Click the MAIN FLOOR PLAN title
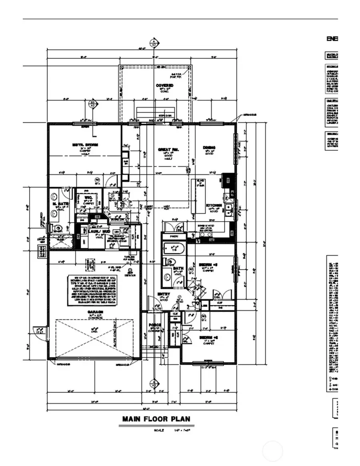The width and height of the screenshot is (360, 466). click(x=156, y=419)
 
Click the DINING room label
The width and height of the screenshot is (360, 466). click(x=209, y=148)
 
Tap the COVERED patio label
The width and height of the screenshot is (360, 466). click(x=164, y=86)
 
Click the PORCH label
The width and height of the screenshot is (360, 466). click(x=155, y=325)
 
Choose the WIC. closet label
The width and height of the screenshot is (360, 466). click(x=88, y=197)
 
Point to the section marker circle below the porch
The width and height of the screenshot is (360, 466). click(x=153, y=383)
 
